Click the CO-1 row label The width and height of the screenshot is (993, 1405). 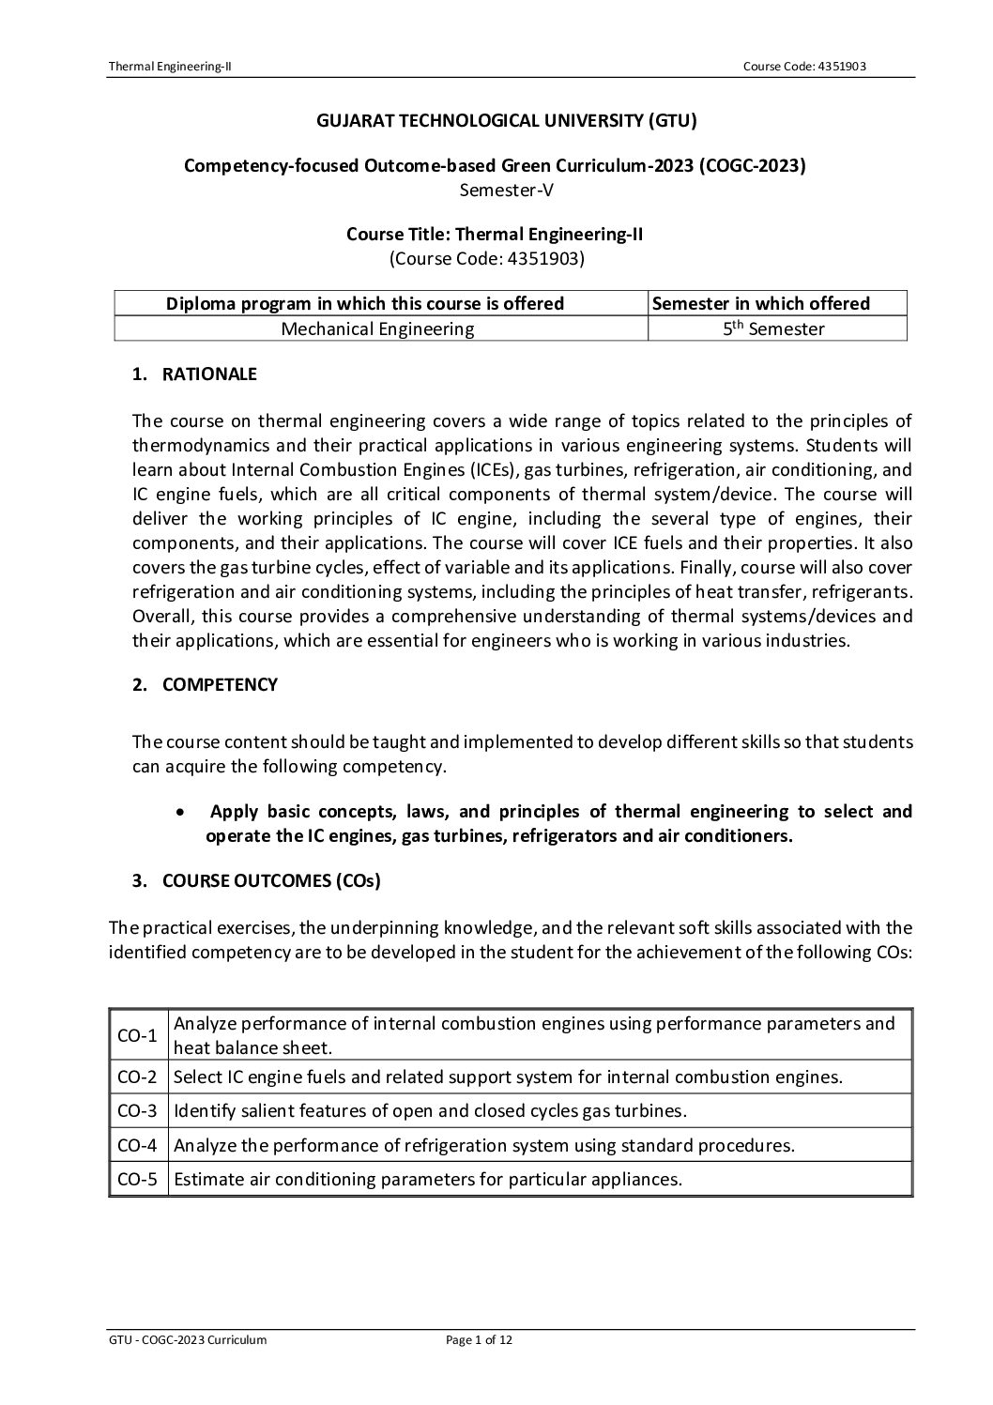(137, 1035)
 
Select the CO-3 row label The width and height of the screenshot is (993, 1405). (137, 1111)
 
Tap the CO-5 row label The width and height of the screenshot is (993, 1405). (137, 1179)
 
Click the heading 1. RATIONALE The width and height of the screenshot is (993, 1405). (194, 374)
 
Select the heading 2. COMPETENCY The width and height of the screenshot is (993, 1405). (205, 684)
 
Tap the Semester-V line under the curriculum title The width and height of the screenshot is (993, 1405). (495, 190)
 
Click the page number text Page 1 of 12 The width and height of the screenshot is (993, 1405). (479, 1340)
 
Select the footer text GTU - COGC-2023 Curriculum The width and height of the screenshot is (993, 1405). (188, 1340)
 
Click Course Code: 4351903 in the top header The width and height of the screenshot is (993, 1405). (810, 66)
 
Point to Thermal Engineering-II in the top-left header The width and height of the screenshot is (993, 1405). (170, 66)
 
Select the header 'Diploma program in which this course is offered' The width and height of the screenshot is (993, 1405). (365, 303)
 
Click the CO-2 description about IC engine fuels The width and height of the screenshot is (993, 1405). (508, 1077)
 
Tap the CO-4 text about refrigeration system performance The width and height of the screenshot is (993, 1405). (484, 1145)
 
